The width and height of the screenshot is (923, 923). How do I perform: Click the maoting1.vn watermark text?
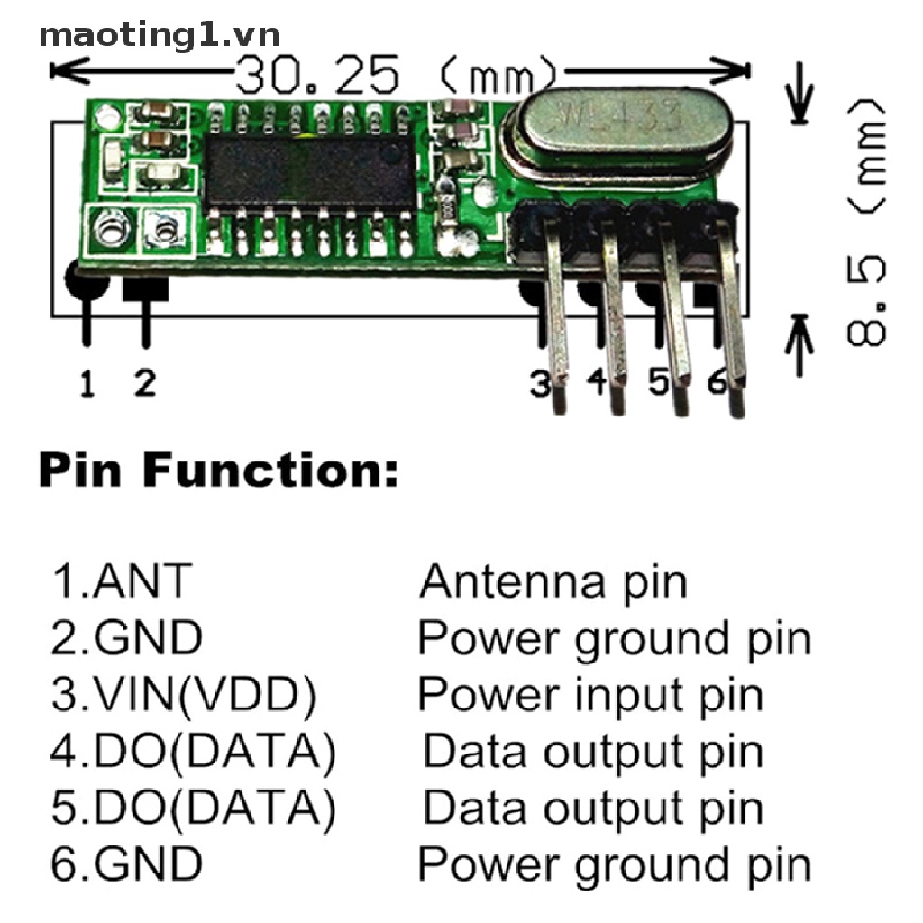coord(160,35)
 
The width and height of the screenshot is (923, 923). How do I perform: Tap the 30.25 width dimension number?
coord(316,76)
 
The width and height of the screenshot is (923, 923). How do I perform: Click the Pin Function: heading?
coord(218,471)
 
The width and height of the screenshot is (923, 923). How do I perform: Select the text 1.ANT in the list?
coord(121,581)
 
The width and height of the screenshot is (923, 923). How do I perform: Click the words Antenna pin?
coord(553,581)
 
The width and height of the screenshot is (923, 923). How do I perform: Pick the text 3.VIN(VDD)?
coord(184,695)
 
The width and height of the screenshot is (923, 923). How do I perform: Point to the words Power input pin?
coord(590,695)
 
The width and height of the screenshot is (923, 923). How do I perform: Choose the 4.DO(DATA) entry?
coord(193,752)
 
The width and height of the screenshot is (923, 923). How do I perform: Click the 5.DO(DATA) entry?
coord(193,809)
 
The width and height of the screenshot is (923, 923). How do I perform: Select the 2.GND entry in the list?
coord(126,638)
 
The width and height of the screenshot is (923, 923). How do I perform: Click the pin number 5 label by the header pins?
coord(659,383)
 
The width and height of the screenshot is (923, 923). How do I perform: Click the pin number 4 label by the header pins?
coord(597,383)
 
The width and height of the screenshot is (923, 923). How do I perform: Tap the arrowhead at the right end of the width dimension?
coord(739,69)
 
